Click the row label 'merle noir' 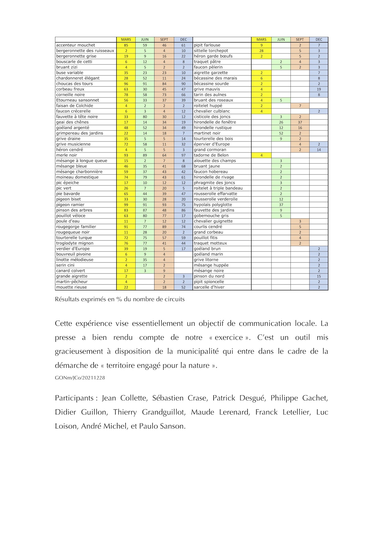pos(67,155)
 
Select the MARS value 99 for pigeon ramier pos(126,205)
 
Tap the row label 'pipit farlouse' pos(207,45)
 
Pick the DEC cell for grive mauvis pos(319,89)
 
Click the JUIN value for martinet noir pos(281,133)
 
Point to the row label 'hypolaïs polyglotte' pos(213,205)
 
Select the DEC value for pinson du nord pos(319,276)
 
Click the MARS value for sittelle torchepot pos(261,51)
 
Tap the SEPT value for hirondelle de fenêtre pos(300,122)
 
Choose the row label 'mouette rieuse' pos(72,287)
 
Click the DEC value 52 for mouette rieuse pos(183,287)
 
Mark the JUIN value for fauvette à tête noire pos(145,117)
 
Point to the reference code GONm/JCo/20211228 pos(80,378)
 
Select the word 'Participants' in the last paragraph pos(74,398)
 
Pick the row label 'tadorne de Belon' pos(211,155)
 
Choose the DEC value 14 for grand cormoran pos(319,150)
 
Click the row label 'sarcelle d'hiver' pos(209,287)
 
